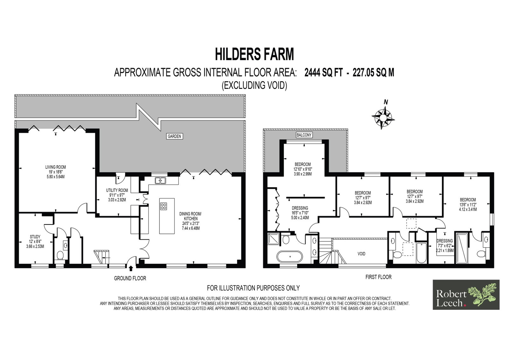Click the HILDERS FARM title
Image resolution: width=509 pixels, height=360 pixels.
pyautogui.click(x=254, y=54)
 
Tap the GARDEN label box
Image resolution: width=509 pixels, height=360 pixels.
pyautogui.click(x=174, y=136)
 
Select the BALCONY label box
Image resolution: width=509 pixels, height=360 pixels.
pyautogui.click(x=304, y=135)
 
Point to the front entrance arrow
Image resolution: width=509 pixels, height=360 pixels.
pyautogui.click(x=131, y=268)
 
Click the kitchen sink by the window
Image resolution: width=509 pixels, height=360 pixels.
pyautogui.click(x=160, y=180)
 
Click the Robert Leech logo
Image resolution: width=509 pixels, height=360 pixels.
pyautogui.click(x=466, y=294)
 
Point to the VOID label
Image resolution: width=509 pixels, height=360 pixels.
pyautogui.click(x=361, y=254)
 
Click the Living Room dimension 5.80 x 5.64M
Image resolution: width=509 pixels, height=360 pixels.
pyautogui.click(x=55, y=176)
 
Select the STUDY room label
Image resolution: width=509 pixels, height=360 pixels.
pyautogui.click(x=35, y=237)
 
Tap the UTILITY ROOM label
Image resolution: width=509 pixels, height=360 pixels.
pyautogui.click(x=117, y=190)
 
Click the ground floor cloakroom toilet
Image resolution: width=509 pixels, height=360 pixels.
pyautogui.click(x=60, y=255)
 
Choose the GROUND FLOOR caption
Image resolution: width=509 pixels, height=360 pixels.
pyautogui.click(x=130, y=278)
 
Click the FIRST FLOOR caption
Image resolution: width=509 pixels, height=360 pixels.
pyautogui.click(x=378, y=277)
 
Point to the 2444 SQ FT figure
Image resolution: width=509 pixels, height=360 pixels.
pyautogui.click(x=323, y=73)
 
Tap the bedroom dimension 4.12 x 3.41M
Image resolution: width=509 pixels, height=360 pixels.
pyautogui.click(x=468, y=209)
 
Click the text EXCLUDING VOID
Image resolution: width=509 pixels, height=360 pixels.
pyautogui.click(x=254, y=85)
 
